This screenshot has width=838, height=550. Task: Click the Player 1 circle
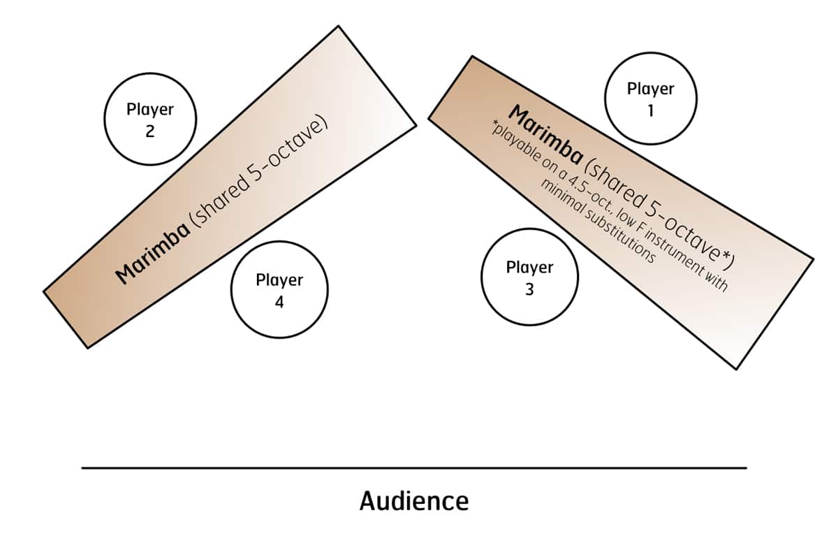[650, 99]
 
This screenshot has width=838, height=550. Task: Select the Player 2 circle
[150, 120]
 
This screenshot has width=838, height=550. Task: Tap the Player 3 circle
[529, 277]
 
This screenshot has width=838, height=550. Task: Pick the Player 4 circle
[279, 290]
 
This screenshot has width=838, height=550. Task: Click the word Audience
[414, 500]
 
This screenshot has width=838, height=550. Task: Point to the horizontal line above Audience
[414, 468]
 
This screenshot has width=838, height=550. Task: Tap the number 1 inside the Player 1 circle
[650, 110]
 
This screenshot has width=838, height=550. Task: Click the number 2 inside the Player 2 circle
[150, 131]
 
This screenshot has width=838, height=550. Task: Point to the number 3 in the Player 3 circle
[529, 289]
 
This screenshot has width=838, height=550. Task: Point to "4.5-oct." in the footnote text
[583, 185]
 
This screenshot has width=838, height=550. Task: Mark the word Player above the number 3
[529, 266]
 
